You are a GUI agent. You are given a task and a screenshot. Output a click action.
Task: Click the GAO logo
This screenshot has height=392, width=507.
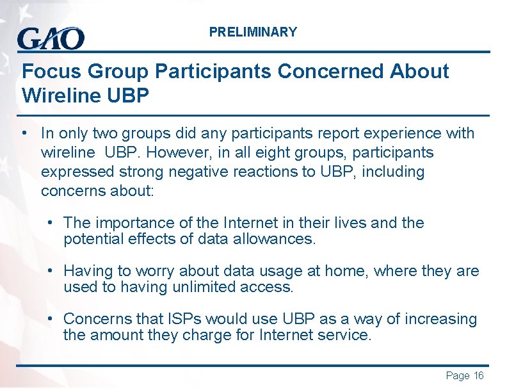pyautogui.click(x=51, y=39)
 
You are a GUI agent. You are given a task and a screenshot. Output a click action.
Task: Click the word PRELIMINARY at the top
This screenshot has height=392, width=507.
pyautogui.click(x=253, y=32)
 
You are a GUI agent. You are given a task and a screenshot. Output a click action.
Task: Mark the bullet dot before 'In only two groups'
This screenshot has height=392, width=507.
pyautogui.click(x=23, y=133)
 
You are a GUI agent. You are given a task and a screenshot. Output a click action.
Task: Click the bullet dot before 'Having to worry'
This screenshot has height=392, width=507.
pyautogui.click(x=50, y=271)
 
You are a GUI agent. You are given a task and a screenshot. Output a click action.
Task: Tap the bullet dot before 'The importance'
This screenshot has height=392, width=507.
pyautogui.click(x=50, y=223)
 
